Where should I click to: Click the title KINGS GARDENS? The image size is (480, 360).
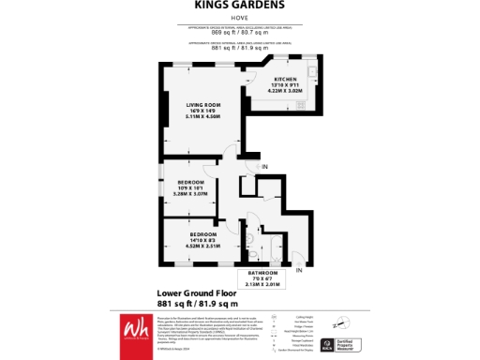(239, 5)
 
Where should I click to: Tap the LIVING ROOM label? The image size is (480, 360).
(190, 105)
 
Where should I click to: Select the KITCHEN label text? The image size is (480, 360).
(286, 80)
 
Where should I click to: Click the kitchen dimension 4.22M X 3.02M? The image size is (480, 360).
(286, 91)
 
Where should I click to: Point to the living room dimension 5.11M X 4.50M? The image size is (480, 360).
(190, 117)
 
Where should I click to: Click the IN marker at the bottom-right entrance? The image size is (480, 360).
(299, 270)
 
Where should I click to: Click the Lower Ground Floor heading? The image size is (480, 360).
(195, 293)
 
